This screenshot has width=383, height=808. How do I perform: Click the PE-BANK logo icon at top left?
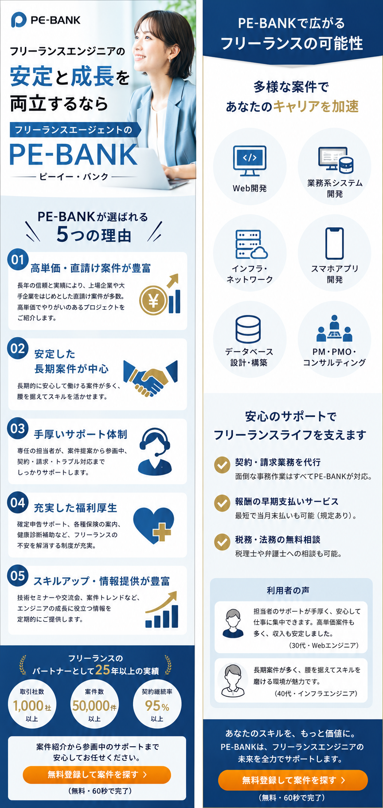pyautogui.click(x=19, y=20)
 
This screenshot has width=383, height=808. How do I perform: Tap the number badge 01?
pyautogui.click(x=18, y=260)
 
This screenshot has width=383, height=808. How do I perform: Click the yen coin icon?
pyautogui.click(x=153, y=302)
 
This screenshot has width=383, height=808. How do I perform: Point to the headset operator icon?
pyautogui.click(x=155, y=451)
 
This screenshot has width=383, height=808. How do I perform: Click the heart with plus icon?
pyautogui.click(x=153, y=525)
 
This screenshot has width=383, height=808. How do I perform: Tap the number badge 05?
pyautogui.click(x=18, y=575)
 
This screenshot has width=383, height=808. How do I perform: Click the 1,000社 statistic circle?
pyautogui.click(x=32, y=705)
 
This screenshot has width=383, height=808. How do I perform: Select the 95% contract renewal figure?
pyautogui.click(x=157, y=706)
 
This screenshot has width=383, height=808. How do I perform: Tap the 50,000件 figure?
pyautogui.click(x=94, y=706)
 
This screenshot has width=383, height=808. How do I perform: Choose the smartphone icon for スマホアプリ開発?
pyautogui.click(x=335, y=243)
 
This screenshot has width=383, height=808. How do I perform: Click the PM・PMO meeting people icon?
pyautogui.click(x=335, y=328)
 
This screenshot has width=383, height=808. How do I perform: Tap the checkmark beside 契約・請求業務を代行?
pyautogui.click(x=222, y=465)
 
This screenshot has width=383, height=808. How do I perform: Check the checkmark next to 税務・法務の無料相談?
pyautogui.click(x=222, y=542)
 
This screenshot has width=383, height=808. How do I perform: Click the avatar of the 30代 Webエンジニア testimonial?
pyautogui.click(x=233, y=623)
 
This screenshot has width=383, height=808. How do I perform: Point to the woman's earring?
pyautogui.click(x=169, y=59)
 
